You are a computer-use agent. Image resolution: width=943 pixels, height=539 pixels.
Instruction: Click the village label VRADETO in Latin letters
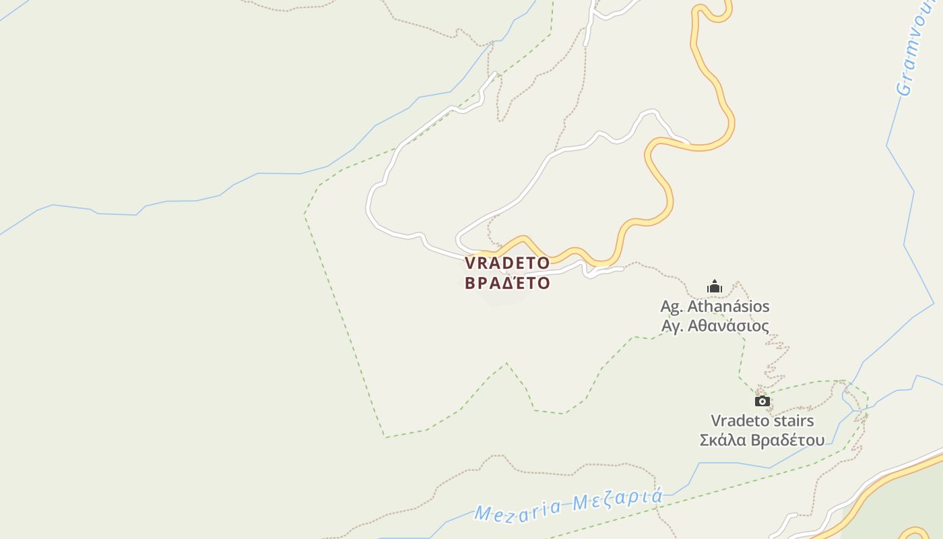(x=507, y=263)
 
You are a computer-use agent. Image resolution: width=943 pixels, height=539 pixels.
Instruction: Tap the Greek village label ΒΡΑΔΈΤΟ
(x=507, y=283)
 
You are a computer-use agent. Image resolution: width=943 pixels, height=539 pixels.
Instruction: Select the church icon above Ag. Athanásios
(x=715, y=287)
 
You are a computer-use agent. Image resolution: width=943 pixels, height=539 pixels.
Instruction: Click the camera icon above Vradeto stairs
(x=762, y=402)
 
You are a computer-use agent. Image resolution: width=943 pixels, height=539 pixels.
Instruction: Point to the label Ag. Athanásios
(x=715, y=307)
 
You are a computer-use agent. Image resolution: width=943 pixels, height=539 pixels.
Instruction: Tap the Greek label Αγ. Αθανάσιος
(x=715, y=326)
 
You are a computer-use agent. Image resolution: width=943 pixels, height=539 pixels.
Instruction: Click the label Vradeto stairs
(x=762, y=421)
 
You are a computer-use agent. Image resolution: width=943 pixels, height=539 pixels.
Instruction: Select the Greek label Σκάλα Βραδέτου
(x=762, y=441)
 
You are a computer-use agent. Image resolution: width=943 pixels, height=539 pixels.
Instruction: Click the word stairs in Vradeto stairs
(x=793, y=421)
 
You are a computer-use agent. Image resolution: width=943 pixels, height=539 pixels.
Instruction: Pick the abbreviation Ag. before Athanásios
(x=672, y=307)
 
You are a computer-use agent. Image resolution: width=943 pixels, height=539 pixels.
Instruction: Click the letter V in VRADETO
(x=470, y=263)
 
